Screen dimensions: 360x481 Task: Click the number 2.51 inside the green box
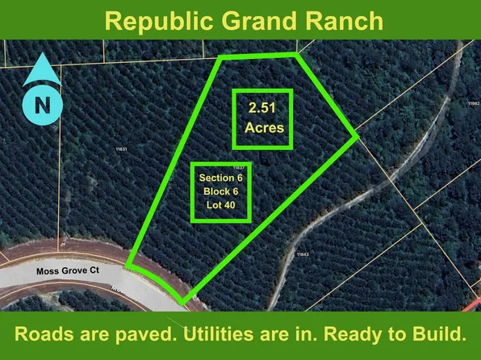coord(262,107)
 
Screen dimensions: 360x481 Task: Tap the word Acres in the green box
coord(262,128)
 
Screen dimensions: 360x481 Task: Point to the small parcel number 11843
coord(303,253)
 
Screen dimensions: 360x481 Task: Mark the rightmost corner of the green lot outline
coord(356,136)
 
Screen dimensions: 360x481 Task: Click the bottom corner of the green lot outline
coord(182,303)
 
